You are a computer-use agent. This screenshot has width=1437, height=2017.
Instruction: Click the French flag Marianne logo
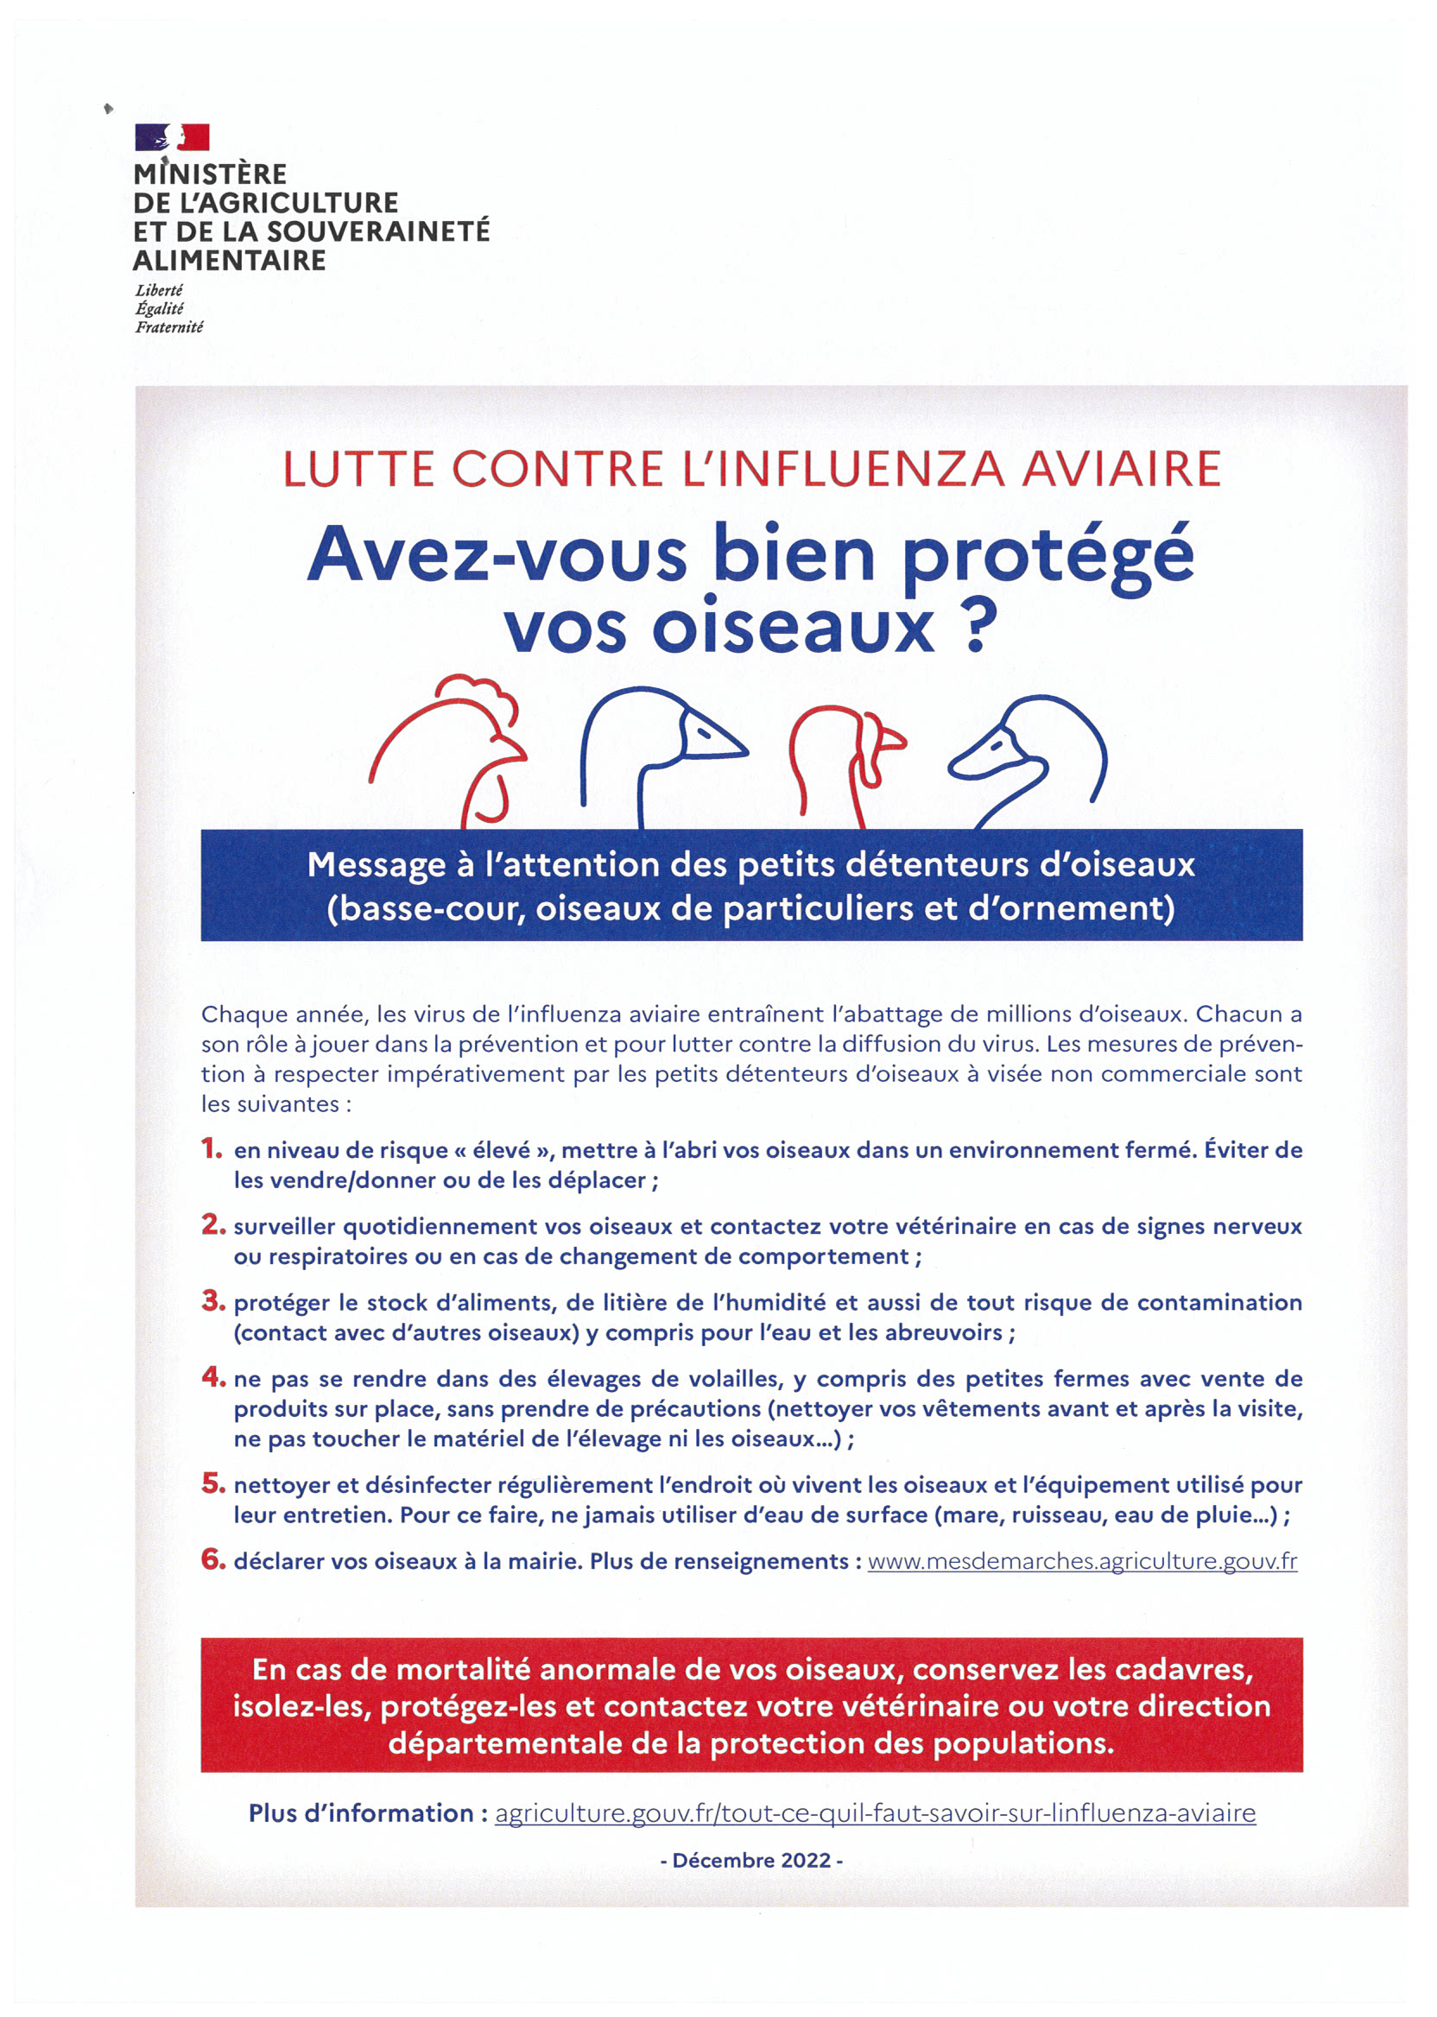(x=172, y=137)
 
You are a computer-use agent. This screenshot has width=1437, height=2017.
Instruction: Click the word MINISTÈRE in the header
(x=211, y=174)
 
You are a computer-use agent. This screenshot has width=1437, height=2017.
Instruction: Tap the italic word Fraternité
(x=169, y=327)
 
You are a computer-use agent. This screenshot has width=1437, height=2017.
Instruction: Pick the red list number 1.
(x=212, y=1148)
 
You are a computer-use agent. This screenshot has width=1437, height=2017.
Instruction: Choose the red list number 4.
(x=213, y=1376)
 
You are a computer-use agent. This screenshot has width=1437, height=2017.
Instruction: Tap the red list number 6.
(x=213, y=1559)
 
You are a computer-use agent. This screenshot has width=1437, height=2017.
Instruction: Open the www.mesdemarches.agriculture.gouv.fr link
(x=1082, y=1561)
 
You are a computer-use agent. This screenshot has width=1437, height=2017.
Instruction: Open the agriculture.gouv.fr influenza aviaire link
(x=875, y=1812)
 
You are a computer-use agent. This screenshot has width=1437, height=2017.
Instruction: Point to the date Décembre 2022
(x=751, y=1861)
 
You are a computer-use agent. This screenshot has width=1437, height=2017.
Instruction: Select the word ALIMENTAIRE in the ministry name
(x=229, y=261)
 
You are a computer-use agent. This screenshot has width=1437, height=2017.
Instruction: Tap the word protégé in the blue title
(x=1048, y=557)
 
